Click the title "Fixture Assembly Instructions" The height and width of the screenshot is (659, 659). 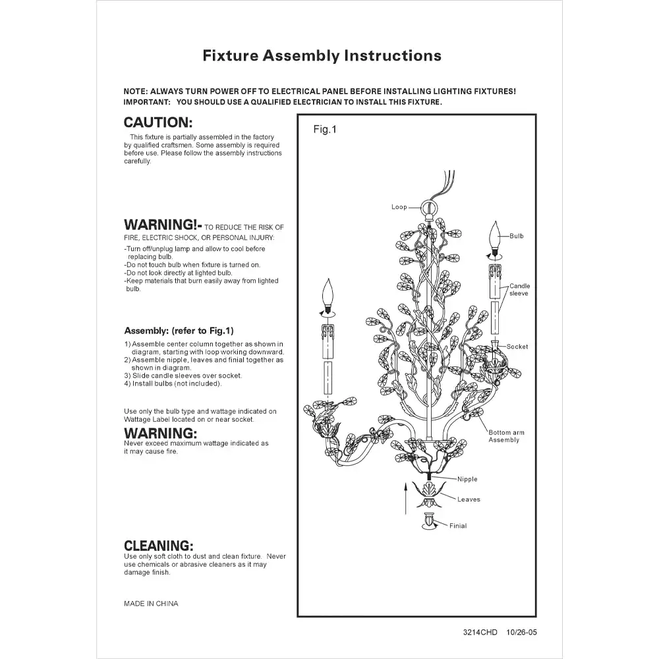pyautogui.click(x=322, y=55)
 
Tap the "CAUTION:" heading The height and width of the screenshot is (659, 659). pyautogui.click(x=158, y=123)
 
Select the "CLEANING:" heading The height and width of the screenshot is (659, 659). pyautogui.click(x=159, y=546)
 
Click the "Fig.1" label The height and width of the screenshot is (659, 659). pyautogui.click(x=324, y=130)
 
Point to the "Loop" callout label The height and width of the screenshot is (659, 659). pyautogui.click(x=399, y=207)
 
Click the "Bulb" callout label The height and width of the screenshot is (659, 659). pyautogui.click(x=517, y=236)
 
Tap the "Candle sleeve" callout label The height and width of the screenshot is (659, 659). pyautogui.click(x=519, y=289)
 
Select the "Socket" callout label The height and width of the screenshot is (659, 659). pyautogui.click(x=517, y=347)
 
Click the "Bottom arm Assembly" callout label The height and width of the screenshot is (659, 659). pyautogui.click(x=506, y=436)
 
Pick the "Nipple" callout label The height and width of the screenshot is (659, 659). pyautogui.click(x=467, y=479)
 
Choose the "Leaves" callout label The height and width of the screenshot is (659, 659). pyautogui.click(x=469, y=500)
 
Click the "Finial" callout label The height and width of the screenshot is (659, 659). pyautogui.click(x=458, y=526)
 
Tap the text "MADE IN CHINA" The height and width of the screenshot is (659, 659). pyautogui.click(x=151, y=604)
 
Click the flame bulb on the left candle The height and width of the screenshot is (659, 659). pyautogui.click(x=327, y=295)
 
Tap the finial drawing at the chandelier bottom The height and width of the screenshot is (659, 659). pyautogui.click(x=430, y=521)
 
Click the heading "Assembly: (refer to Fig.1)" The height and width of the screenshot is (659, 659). pyautogui.click(x=179, y=331)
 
